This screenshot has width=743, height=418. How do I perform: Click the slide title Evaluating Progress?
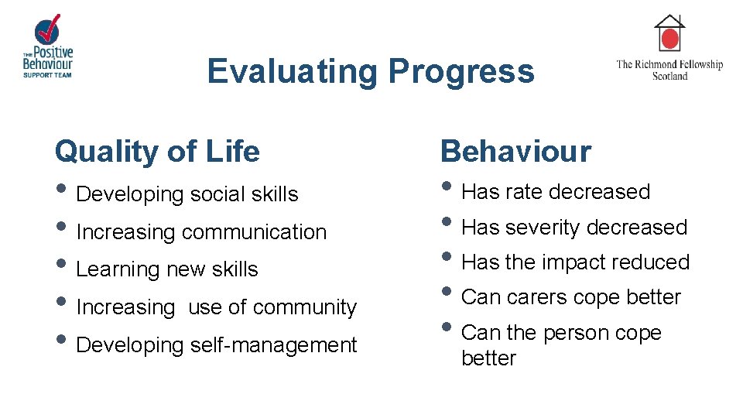371,71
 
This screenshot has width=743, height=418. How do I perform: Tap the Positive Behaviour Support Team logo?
48,46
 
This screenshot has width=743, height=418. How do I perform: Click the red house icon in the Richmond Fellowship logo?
669,36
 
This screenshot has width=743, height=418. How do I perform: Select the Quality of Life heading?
157,151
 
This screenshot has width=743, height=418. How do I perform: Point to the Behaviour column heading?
515,151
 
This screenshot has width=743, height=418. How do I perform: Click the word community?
305,307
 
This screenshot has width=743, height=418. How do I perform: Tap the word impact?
574,262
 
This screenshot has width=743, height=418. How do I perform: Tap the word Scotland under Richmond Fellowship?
669,76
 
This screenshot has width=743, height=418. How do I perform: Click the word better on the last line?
488,358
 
